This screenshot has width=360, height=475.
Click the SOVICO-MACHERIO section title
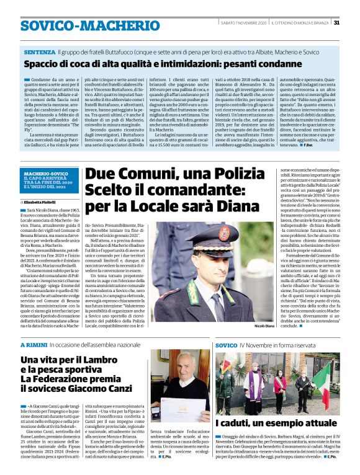pos(81,25)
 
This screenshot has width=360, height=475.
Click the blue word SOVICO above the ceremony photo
pos(227,344)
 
